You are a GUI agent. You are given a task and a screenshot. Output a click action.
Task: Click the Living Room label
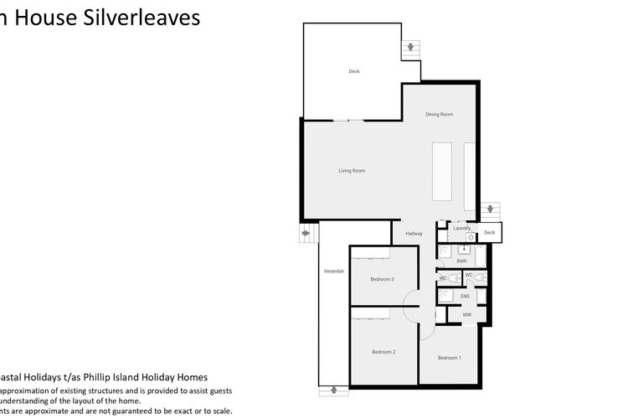(352, 171)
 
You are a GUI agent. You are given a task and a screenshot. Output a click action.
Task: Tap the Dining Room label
(439, 114)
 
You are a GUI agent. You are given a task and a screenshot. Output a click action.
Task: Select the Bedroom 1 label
(450, 358)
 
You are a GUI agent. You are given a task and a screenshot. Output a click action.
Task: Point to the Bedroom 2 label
(383, 352)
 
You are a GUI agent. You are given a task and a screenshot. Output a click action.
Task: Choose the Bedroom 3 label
(383, 279)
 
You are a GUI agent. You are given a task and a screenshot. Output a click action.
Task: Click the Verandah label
(334, 272)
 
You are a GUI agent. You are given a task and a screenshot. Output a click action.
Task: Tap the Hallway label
(414, 234)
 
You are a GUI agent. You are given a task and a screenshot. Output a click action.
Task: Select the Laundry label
(461, 228)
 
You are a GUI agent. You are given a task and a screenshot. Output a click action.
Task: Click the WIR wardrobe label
(467, 315)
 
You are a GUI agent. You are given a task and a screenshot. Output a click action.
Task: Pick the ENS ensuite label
(465, 296)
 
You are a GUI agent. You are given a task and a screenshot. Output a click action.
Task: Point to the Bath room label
(461, 261)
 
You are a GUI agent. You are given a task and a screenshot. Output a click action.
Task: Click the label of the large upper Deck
(354, 71)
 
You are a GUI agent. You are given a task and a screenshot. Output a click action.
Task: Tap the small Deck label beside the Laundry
(490, 232)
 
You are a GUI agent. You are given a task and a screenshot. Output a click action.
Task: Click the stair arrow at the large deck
(410, 48)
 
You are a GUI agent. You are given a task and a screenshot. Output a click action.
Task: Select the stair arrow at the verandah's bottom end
(334, 389)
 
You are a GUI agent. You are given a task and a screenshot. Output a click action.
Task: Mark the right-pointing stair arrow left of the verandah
(306, 233)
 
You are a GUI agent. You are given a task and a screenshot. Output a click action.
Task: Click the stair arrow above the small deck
(490, 210)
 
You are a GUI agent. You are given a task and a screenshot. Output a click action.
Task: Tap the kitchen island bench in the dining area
(441, 171)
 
